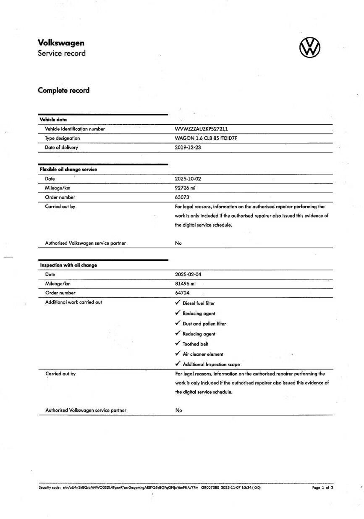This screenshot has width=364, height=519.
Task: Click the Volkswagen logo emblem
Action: point(309,47)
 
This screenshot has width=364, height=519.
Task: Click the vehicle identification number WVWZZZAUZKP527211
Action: point(201,129)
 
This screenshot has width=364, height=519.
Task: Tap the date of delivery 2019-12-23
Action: point(188,147)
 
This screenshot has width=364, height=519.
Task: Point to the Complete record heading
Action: point(63,90)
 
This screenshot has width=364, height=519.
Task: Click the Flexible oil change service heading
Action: point(68,169)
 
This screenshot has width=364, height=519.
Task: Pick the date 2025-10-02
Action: point(188,179)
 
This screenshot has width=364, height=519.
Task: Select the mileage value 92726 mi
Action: point(185,188)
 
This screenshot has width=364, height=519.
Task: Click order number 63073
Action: point(182,197)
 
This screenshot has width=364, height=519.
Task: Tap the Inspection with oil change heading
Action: point(68,265)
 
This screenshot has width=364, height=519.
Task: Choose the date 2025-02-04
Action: point(188,275)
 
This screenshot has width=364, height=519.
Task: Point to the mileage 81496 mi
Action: point(185,284)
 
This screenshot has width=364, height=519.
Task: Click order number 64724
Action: point(182,293)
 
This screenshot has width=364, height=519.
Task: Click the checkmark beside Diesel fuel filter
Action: point(178,303)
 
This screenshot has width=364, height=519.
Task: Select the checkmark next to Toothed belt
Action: point(178,343)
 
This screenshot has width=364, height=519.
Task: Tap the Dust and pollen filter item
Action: point(204,324)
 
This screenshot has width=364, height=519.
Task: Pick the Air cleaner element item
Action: point(203,354)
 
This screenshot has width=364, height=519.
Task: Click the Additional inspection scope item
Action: point(211,364)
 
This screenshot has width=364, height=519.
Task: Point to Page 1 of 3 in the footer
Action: point(322,488)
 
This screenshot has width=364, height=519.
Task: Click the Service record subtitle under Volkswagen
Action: point(62,53)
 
